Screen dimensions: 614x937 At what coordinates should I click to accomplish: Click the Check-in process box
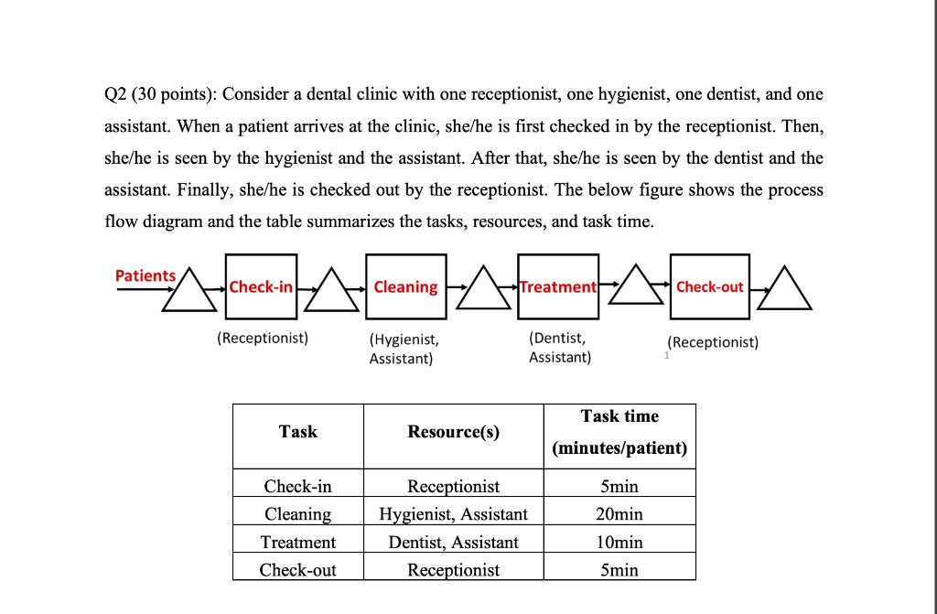click(261, 286)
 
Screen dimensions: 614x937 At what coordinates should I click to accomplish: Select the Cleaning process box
click(405, 286)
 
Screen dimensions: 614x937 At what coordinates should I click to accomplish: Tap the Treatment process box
click(558, 286)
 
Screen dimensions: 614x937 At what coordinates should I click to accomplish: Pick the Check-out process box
click(709, 286)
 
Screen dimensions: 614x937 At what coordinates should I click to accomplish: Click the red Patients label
click(145, 275)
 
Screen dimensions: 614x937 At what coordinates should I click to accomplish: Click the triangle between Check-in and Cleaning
click(330, 293)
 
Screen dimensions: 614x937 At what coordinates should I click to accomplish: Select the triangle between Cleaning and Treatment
click(483, 293)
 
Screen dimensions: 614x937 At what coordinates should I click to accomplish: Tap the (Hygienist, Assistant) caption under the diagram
click(404, 349)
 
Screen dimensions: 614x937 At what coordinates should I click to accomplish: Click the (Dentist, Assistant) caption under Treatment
click(560, 348)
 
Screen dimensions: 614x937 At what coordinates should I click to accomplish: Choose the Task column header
click(298, 431)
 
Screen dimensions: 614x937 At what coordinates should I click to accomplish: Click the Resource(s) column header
click(454, 432)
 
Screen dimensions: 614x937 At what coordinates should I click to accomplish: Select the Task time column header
click(619, 432)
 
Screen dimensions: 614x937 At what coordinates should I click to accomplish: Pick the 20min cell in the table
click(619, 514)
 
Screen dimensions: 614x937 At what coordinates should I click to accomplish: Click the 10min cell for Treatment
click(619, 543)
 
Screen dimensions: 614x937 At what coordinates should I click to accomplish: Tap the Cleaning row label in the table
click(298, 514)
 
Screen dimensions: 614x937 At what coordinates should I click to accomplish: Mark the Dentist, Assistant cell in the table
click(454, 543)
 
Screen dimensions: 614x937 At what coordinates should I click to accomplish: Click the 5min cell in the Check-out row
click(619, 570)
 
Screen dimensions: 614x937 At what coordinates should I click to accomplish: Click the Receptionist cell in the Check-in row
click(454, 486)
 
